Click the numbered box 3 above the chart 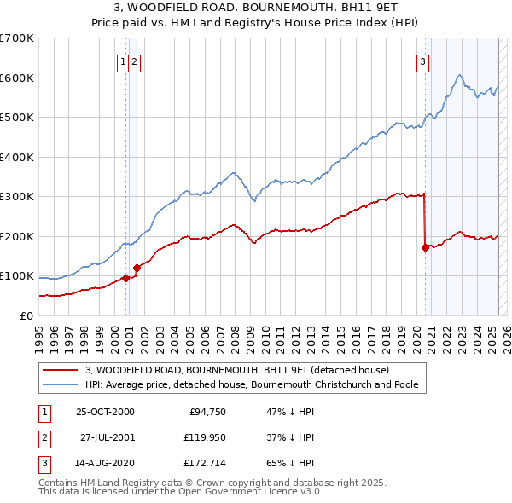[422, 61]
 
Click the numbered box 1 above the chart [124, 61]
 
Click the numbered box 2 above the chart [136, 61]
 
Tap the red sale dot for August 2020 [425, 247]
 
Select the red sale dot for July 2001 [137, 268]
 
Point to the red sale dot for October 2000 [125, 278]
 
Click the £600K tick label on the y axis [17, 78]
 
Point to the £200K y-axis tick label [17, 236]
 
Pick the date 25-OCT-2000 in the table [105, 412]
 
